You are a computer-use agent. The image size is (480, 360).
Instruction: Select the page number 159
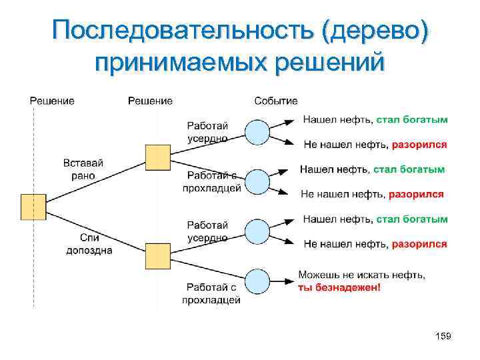coord(443,337)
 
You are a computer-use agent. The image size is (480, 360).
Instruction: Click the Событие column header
coord(275,101)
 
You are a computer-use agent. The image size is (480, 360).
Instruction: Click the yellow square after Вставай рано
coord(157,157)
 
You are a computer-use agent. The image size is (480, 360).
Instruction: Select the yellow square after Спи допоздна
coord(157,256)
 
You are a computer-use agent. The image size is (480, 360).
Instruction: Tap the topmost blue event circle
coord(257,133)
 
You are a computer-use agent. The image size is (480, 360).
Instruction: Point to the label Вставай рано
coord(83,169)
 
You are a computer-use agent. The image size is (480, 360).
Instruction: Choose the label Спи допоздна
coord(89,244)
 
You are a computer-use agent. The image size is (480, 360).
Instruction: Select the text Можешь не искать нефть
coord(361,274)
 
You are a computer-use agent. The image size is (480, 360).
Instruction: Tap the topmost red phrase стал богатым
coord(412,120)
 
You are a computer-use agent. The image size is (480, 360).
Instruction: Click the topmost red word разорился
coord(419,144)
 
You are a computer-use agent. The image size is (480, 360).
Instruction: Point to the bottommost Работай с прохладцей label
coord(211,294)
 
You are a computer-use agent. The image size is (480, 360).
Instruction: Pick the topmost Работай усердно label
coord(207,132)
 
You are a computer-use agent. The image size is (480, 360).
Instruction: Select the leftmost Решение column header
coord(52,101)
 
